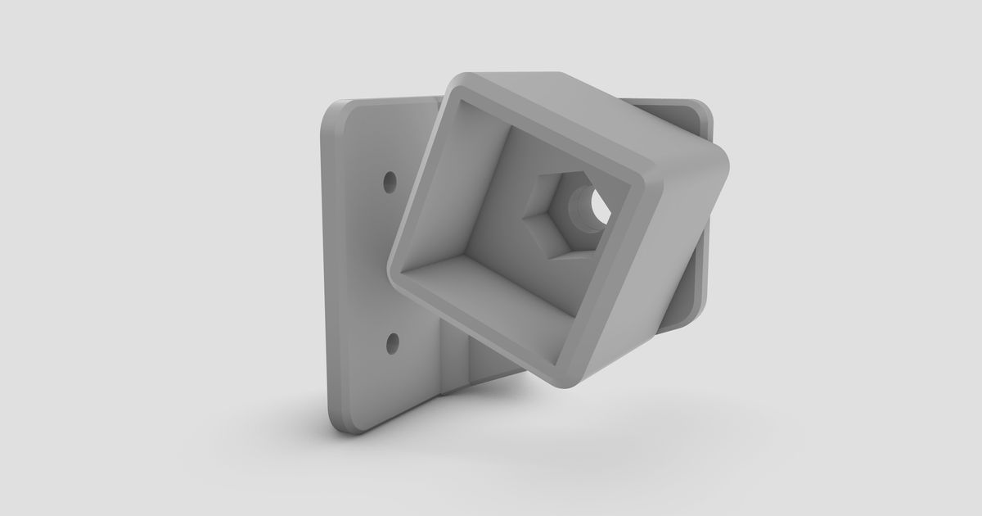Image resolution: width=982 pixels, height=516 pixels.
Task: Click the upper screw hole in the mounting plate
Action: coord(390,178)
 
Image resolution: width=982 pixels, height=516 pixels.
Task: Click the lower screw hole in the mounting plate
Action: coord(392,338)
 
